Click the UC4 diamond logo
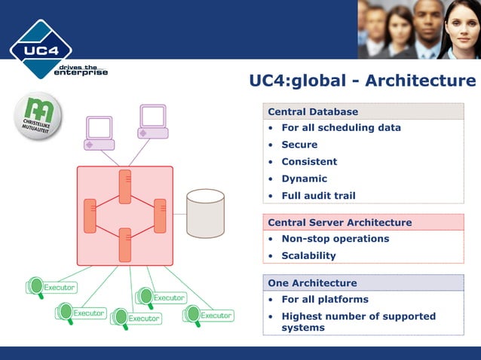(x=41, y=50)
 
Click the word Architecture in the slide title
(x=421, y=81)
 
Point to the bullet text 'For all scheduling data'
(x=341, y=127)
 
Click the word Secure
(x=299, y=145)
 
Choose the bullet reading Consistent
(x=309, y=161)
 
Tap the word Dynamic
(x=304, y=178)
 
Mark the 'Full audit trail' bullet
(x=318, y=196)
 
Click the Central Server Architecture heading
(x=339, y=222)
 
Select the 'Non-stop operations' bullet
(x=335, y=239)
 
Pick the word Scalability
(x=308, y=255)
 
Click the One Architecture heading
(x=312, y=283)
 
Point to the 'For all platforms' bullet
(x=325, y=299)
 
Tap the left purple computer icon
(x=100, y=133)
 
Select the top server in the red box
(x=125, y=186)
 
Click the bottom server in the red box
(x=125, y=244)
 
